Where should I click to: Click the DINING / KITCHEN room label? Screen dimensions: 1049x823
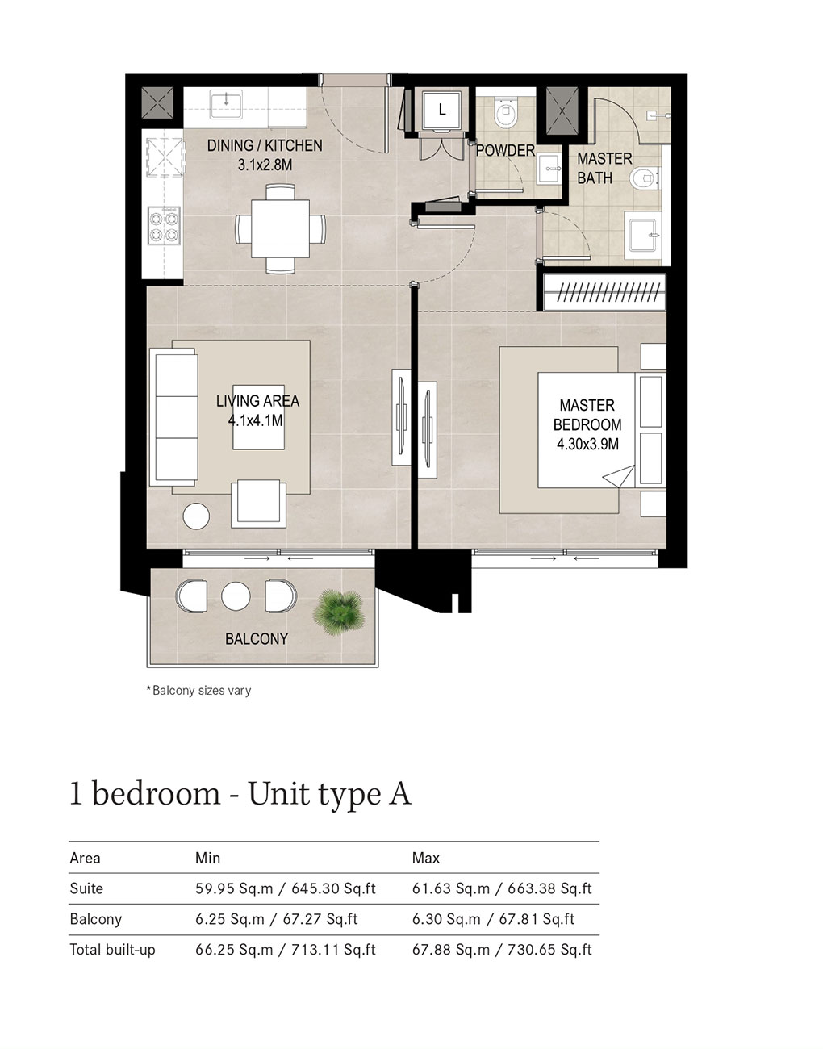point(265,146)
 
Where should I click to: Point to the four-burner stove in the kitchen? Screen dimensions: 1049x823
point(164,226)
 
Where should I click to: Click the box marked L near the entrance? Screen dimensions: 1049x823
point(441,111)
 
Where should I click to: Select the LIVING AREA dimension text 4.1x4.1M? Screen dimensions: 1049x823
point(255,420)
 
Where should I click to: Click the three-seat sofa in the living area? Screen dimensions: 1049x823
point(174,416)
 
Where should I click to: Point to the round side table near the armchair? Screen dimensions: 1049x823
point(196,516)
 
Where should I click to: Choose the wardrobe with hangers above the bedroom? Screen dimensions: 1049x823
point(604,292)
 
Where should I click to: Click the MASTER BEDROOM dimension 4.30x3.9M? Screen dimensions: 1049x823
point(587,444)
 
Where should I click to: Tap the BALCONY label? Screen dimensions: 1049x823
point(257,639)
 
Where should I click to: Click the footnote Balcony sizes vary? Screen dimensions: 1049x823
point(198,691)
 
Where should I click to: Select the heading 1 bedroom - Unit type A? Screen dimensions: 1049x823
point(240,794)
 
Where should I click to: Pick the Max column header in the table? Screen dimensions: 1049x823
point(426,858)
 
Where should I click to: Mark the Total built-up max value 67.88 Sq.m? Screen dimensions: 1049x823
point(451,950)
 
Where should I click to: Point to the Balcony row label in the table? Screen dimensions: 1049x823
point(95,919)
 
